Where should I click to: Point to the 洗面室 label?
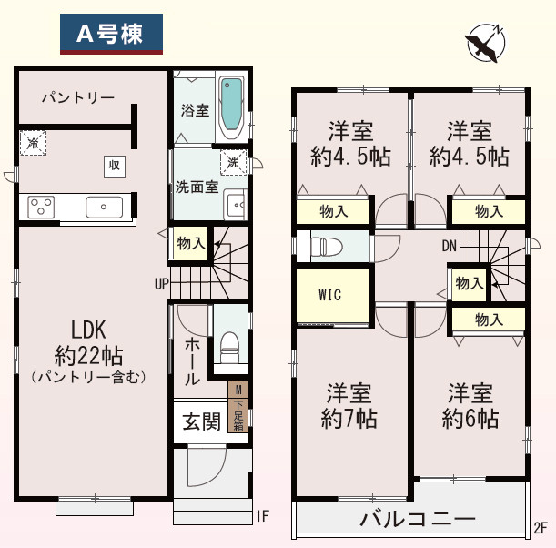197,188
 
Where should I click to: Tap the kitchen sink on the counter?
104,207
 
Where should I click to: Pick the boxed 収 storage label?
114,166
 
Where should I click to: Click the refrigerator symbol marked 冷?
34,142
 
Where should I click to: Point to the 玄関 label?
200,422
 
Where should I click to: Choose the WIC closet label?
330,295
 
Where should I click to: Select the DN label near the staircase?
449,246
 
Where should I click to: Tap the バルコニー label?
417,520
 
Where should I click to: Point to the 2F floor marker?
540,527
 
